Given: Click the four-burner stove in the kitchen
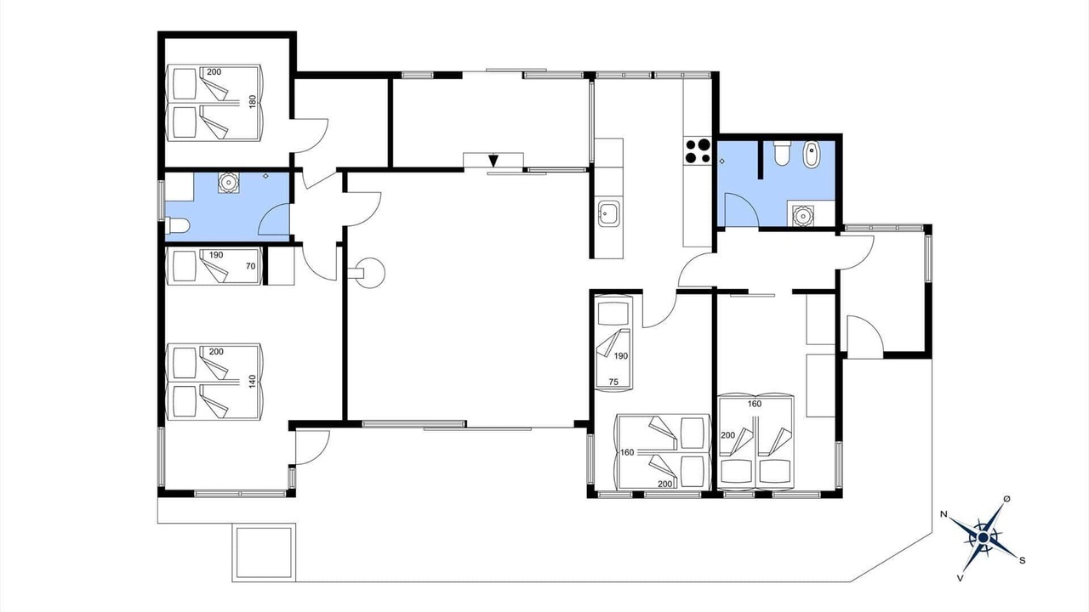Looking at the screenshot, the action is pos(698,151).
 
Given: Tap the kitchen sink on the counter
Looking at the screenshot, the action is pos(608,213).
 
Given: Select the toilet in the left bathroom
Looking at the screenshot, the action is pos(177,226).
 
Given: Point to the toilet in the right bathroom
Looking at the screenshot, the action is pos(782,152).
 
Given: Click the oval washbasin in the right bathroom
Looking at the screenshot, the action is pos(811,155).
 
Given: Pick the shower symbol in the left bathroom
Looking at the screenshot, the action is pos(227,182).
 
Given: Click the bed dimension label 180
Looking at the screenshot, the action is pos(253,101).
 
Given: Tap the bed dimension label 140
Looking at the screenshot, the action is pos(253,382).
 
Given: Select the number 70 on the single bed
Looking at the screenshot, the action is pos(250,266).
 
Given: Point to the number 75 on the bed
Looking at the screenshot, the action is pos(613,382).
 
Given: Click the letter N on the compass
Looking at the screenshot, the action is pos(944,514).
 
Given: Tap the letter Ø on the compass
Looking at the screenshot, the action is pos(1006,499).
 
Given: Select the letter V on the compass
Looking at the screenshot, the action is pos(961,578).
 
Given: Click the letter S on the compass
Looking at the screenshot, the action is pos(1023,560).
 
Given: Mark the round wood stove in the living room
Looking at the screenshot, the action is pos(369,273).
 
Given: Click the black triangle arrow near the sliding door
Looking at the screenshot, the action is pos(493,161).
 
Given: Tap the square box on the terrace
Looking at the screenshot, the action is pos(264,552).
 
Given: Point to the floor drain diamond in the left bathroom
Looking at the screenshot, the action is pos(265,176).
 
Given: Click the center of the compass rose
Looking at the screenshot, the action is pos(983,538).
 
